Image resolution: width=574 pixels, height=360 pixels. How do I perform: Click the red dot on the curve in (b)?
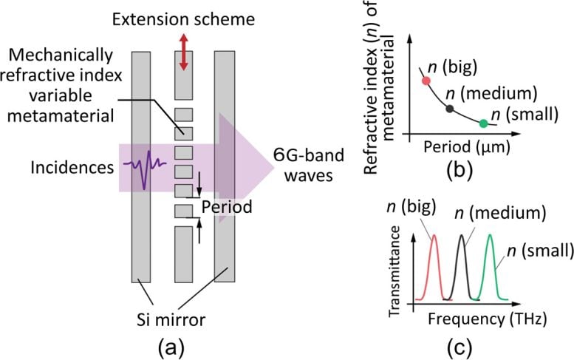click(426, 80)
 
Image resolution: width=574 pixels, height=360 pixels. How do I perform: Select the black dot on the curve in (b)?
click(450, 109)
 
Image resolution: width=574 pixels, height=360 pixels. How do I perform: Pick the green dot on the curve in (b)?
click(482, 123)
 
